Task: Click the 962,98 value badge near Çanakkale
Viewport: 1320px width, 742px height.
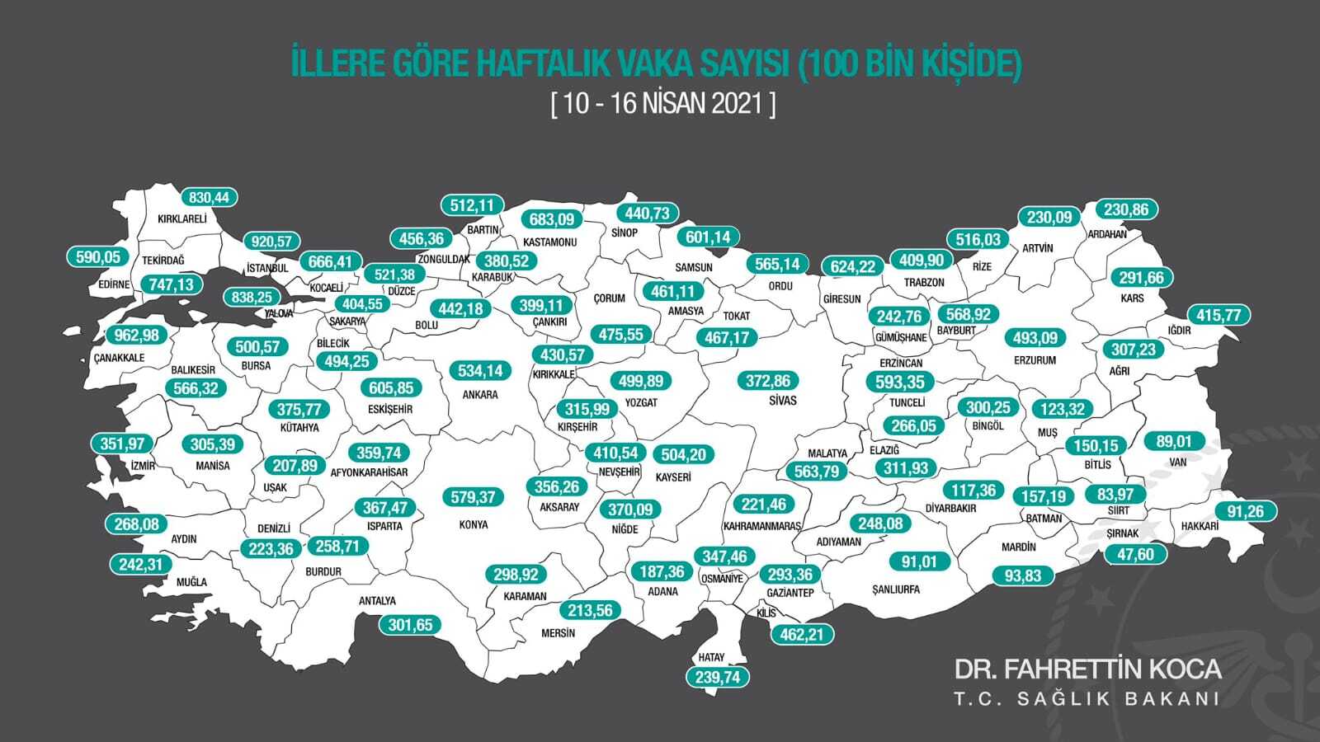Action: coord(138,336)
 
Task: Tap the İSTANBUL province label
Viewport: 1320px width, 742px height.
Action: coord(267,268)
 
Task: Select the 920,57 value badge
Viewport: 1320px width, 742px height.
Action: coord(271,242)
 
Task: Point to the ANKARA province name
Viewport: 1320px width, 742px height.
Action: coord(480,395)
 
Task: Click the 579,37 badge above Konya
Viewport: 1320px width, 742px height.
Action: coord(474,497)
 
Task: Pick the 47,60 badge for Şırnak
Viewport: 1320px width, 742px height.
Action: coord(1135,554)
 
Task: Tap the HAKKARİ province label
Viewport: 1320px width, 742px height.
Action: coord(1200,526)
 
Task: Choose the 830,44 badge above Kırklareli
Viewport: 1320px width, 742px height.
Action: coord(209,198)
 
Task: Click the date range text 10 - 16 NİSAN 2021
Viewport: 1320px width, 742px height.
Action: coord(663,105)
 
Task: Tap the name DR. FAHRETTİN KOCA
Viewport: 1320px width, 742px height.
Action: coord(1087,669)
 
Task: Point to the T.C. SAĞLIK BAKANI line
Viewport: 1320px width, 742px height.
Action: coord(1087,699)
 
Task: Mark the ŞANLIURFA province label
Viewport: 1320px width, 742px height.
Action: coord(895,589)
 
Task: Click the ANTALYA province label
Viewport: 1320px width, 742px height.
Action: coord(377,601)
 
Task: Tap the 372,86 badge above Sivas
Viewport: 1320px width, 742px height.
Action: coord(768,381)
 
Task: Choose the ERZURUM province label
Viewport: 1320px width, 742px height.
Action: coord(1034,360)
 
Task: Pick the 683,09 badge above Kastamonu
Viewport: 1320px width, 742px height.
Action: coord(552,220)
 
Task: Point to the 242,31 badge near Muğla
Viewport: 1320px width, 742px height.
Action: coord(141,565)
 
